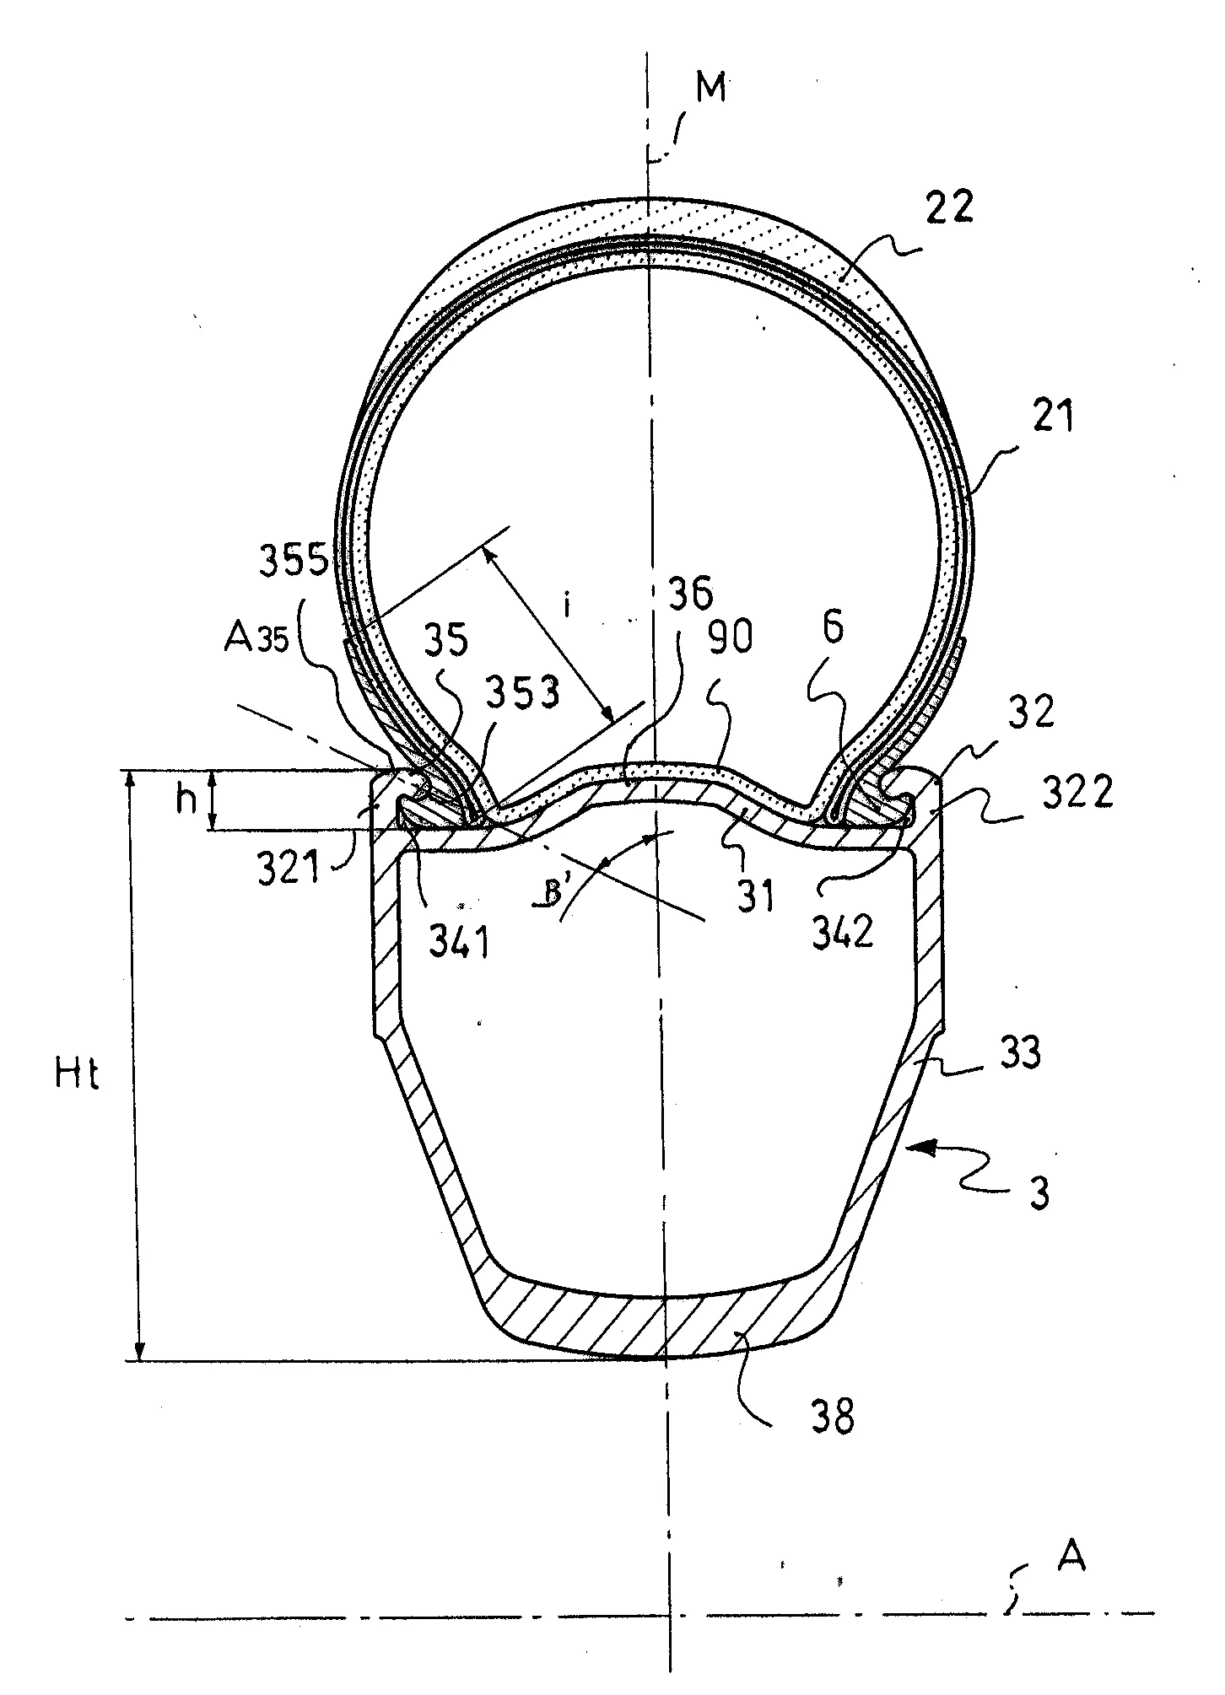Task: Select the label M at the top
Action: click(711, 88)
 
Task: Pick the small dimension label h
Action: click(185, 799)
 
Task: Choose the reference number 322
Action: click(1077, 792)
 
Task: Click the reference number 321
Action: click(289, 869)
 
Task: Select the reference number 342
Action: click(844, 932)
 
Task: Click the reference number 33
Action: click(1020, 1052)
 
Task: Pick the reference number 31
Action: click(757, 897)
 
